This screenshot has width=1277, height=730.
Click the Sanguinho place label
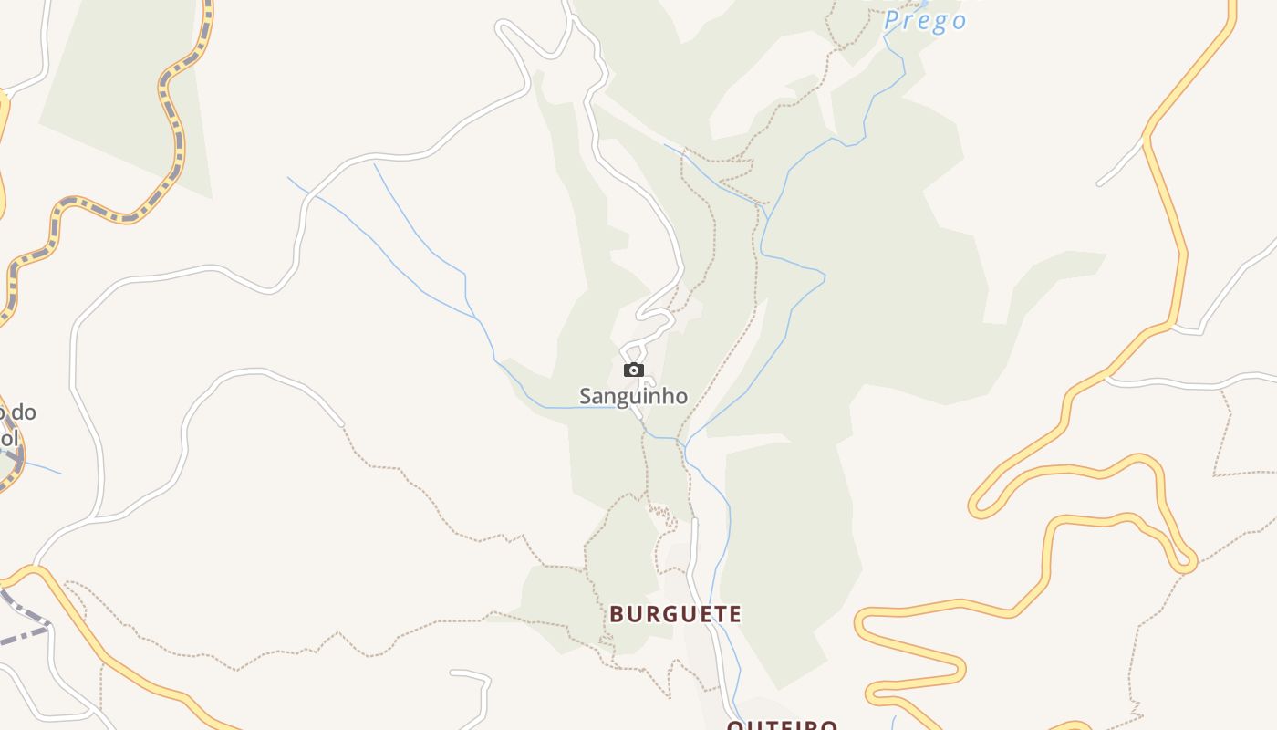(633, 396)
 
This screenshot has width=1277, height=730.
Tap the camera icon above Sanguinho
(634, 370)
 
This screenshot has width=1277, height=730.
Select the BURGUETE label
(676, 614)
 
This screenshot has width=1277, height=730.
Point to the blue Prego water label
(925, 20)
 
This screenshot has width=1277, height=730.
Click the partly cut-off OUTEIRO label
(782, 725)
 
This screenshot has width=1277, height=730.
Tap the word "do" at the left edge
(24, 412)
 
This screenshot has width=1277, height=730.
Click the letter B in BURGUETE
(617, 614)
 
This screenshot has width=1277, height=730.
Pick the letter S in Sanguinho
(586, 396)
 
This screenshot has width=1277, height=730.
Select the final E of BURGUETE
(734, 614)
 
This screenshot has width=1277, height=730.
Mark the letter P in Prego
(892, 20)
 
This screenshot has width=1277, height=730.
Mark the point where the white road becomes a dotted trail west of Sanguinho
(343, 425)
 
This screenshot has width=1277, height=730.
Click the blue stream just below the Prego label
(898, 55)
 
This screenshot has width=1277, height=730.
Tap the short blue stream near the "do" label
(41, 467)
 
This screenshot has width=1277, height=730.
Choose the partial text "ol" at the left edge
(9, 438)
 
